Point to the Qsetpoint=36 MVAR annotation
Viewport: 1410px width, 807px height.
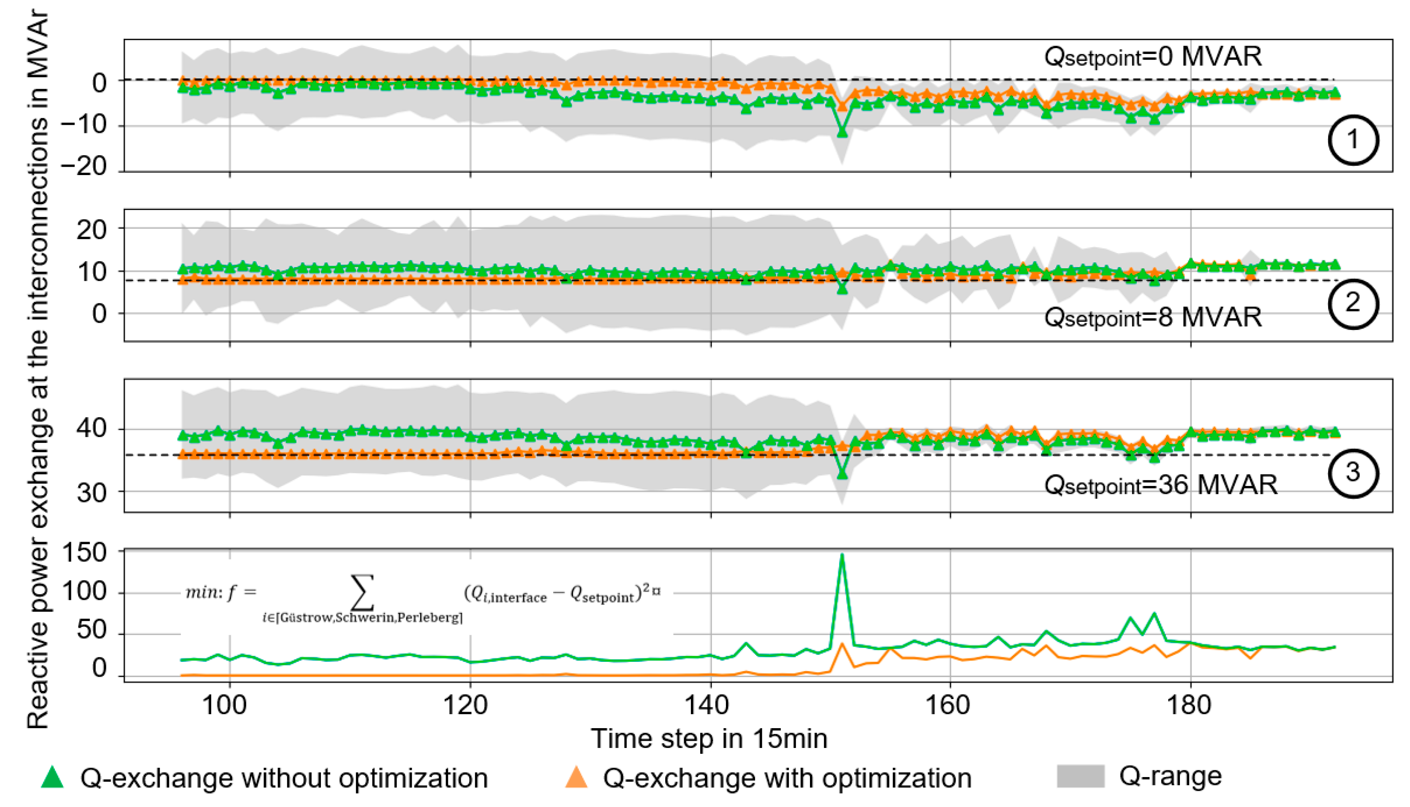[1160, 486]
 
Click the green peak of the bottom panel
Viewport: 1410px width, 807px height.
[842, 556]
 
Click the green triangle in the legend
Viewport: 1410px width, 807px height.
[53, 777]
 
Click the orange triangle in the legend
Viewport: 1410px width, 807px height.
[576, 777]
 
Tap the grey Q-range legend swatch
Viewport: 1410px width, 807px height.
[1081, 776]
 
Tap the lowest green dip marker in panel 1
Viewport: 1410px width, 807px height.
[842, 132]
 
